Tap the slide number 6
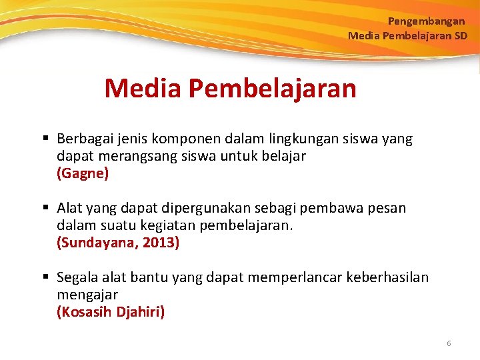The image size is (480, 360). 449,343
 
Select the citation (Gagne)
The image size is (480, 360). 83,174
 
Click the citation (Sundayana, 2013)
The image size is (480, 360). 118,243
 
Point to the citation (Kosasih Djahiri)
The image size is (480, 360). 111,311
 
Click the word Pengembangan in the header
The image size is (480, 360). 427,21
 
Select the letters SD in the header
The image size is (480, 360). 461,35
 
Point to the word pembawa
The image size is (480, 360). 331,208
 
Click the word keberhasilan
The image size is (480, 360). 388,277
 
